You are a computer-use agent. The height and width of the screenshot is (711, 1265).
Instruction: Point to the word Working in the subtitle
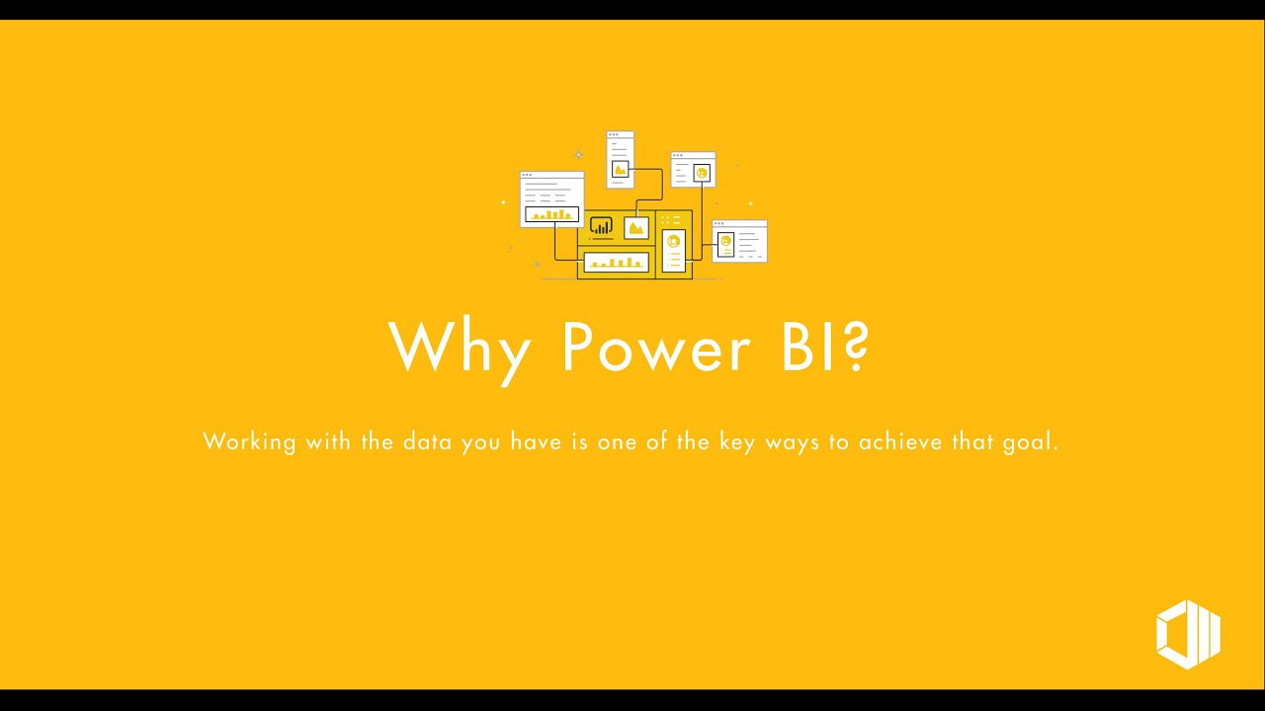249,441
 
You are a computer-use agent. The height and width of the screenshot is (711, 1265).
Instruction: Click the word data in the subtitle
426,441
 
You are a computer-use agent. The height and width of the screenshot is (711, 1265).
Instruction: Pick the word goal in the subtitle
1031,442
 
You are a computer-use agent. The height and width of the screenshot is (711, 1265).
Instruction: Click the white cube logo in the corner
1188,633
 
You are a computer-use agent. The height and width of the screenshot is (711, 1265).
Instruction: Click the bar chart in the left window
551,214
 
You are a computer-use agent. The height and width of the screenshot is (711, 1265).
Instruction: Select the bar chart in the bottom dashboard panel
616,262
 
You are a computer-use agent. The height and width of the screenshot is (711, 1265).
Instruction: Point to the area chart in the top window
620,169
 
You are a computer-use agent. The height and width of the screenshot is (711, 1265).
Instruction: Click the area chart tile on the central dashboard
636,228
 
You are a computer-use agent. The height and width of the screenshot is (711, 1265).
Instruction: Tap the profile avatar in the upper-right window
702,174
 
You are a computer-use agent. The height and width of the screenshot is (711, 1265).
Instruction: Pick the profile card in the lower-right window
725,244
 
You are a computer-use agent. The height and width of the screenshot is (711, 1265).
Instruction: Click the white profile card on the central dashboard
674,250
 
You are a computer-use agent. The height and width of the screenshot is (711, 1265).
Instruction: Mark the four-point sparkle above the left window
579,155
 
